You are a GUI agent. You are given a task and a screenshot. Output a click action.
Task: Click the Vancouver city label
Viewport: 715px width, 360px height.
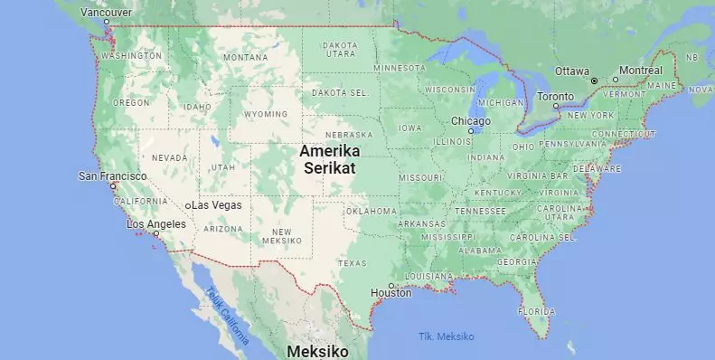click(x=106, y=12)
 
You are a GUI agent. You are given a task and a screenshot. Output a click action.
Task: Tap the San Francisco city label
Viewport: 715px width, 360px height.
click(x=113, y=175)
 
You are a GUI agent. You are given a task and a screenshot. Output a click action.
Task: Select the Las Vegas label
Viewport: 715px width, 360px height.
click(x=217, y=205)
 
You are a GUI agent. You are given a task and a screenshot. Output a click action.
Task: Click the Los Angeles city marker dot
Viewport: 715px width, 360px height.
click(x=155, y=233)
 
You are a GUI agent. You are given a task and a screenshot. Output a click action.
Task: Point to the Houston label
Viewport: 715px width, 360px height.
click(x=390, y=293)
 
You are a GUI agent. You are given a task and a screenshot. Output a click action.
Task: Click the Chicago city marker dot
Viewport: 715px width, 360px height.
click(x=471, y=131)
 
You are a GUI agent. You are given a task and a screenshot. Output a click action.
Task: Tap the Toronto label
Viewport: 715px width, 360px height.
click(x=555, y=96)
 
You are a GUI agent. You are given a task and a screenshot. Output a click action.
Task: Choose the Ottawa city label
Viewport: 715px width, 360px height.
click(x=571, y=71)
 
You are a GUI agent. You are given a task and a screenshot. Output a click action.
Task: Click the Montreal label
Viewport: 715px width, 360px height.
click(x=641, y=71)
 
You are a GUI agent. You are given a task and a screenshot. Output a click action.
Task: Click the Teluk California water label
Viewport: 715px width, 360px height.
click(x=226, y=317)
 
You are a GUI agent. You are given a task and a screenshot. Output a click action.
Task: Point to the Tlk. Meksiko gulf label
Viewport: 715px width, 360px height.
click(x=446, y=336)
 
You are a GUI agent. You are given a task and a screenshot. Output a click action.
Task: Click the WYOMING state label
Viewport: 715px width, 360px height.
click(x=266, y=114)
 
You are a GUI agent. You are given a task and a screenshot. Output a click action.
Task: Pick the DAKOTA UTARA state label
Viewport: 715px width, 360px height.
click(x=340, y=49)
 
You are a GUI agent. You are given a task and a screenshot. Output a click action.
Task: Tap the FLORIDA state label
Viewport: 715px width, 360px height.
click(x=536, y=311)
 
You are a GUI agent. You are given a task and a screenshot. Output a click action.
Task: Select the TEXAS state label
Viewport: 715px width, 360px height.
click(x=352, y=263)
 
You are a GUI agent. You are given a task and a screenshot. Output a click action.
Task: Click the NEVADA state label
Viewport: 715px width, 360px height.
click(x=169, y=157)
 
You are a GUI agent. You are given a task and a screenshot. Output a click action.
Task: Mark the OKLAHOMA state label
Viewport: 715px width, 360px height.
click(x=372, y=211)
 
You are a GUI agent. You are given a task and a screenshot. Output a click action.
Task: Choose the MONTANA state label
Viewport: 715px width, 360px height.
click(x=245, y=57)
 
